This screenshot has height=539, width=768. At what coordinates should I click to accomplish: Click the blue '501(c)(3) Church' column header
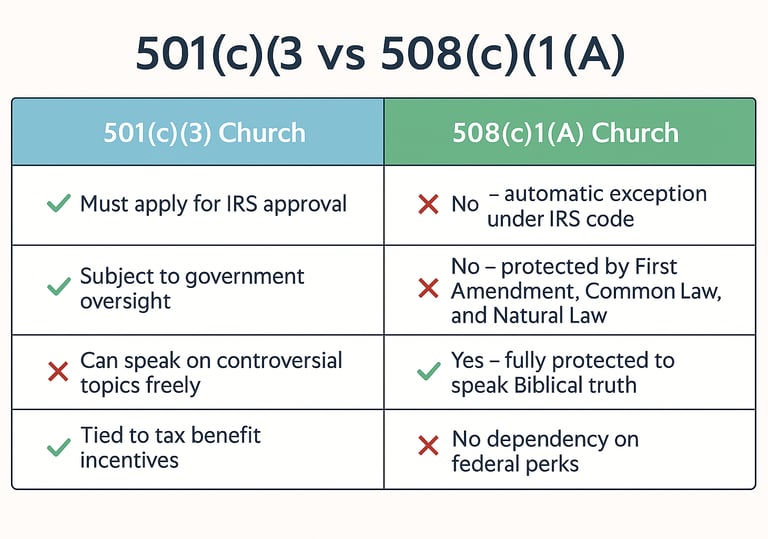pyautogui.click(x=198, y=132)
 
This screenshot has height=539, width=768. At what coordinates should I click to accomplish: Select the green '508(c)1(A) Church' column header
pyautogui.click(x=570, y=132)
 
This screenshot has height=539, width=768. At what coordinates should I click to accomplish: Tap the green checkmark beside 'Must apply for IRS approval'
pyautogui.click(x=59, y=203)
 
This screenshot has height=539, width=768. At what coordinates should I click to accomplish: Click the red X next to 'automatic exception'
pyautogui.click(x=429, y=204)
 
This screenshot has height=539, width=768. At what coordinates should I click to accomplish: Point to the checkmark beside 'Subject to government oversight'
pyautogui.click(x=59, y=287)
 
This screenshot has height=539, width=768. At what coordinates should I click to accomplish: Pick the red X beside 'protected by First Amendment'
pyautogui.click(x=429, y=288)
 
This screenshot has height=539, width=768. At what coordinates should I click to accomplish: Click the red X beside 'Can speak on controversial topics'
pyautogui.click(x=58, y=371)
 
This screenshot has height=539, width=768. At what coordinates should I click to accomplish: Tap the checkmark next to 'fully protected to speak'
pyautogui.click(x=429, y=371)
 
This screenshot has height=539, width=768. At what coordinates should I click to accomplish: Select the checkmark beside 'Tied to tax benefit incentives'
pyautogui.click(x=59, y=447)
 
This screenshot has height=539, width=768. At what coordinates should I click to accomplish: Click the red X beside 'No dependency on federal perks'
pyautogui.click(x=429, y=446)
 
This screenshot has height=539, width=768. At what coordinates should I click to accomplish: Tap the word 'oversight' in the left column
pyautogui.click(x=125, y=301)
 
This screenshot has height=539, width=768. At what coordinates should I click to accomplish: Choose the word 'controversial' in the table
pyautogui.click(x=279, y=361)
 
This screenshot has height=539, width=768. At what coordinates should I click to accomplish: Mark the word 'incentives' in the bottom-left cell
pyautogui.click(x=129, y=460)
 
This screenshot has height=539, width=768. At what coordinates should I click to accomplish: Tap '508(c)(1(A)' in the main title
pyautogui.click(x=503, y=53)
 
